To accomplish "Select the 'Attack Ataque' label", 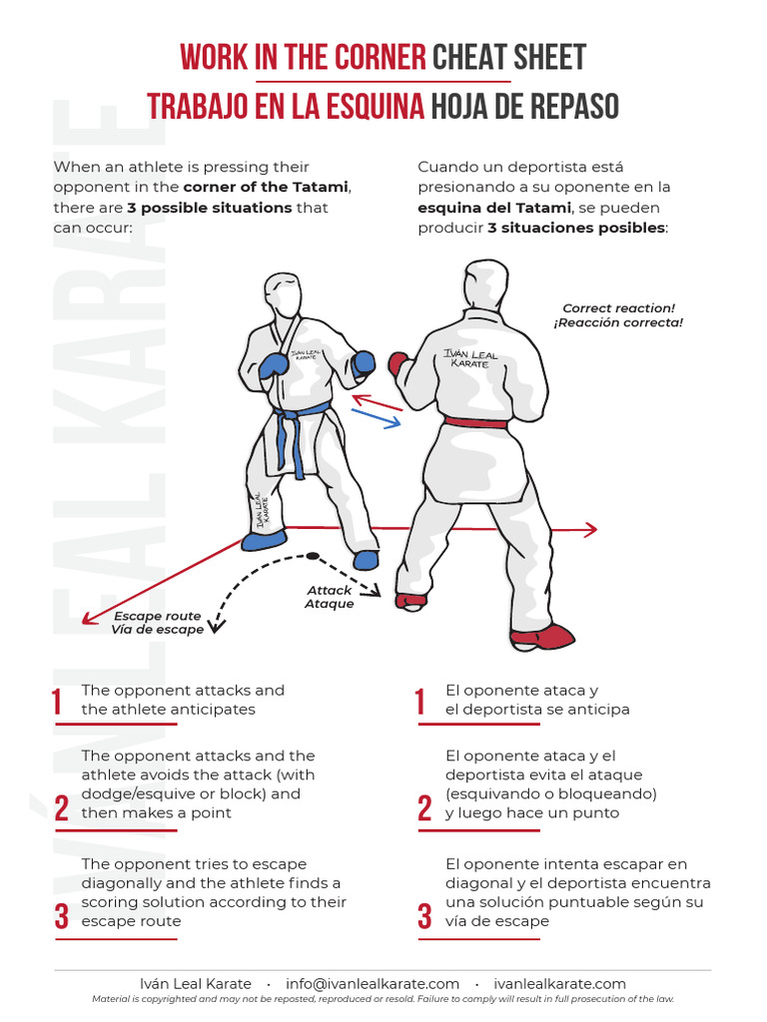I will [x=330, y=597].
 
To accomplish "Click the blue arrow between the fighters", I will [x=376, y=417].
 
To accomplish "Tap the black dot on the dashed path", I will [x=313, y=556].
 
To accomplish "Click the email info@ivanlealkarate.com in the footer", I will [x=373, y=983].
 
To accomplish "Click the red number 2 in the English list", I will [x=62, y=808].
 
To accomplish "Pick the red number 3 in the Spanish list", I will [x=424, y=916].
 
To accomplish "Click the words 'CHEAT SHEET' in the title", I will [x=509, y=57].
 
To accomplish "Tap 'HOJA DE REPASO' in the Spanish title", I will [x=524, y=107].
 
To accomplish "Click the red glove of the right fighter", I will [x=398, y=363].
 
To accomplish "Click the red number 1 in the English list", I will [x=58, y=703].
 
